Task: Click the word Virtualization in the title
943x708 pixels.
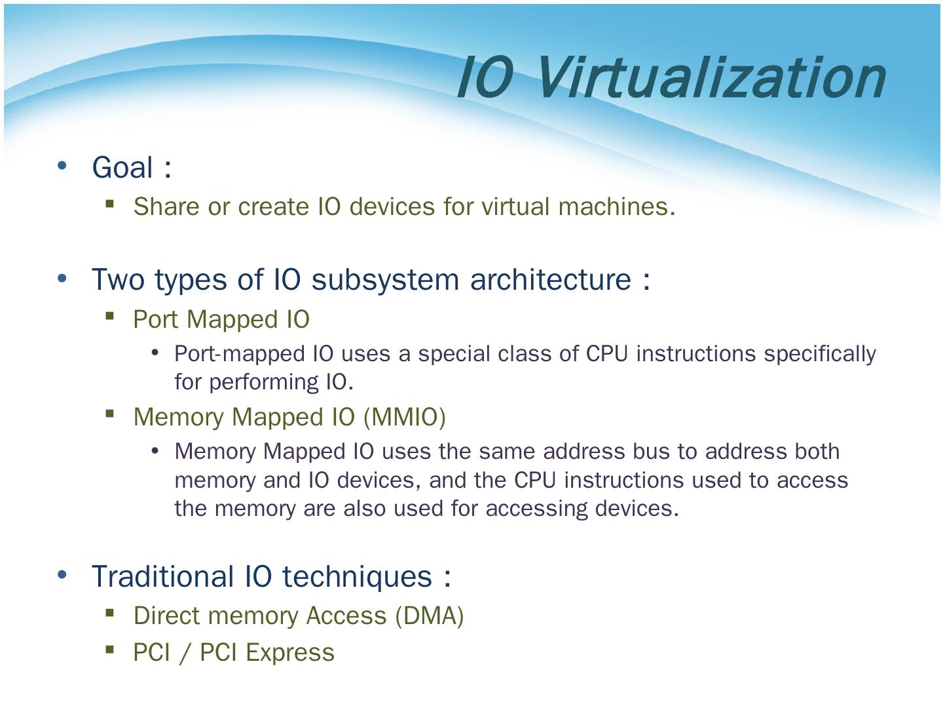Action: coord(711,77)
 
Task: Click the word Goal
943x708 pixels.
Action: coord(122,167)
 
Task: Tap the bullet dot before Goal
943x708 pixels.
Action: coord(63,165)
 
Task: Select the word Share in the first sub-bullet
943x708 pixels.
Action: coord(166,206)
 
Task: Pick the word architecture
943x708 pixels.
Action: coord(551,279)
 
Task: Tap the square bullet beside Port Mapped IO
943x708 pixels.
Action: coord(110,317)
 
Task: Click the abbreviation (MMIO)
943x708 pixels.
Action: coord(405,417)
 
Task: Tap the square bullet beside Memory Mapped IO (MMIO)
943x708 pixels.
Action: coord(110,414)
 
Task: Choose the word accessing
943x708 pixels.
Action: coord(537,508)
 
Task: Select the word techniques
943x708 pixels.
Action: coord(358,577)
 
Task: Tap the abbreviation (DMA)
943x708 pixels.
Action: coord(430,616)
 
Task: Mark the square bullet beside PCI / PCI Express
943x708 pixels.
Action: coord(110,650)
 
